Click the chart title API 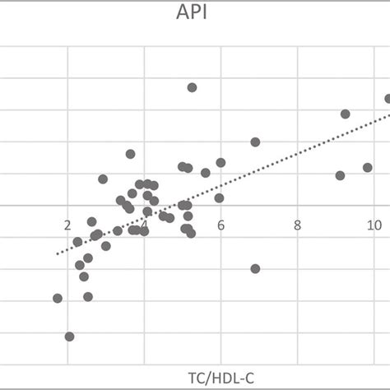[194, 14]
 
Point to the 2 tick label [67, 224]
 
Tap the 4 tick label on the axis [145, 224]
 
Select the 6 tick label [221, 224]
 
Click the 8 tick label [297, 224]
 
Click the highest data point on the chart [192, 87]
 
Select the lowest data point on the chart [69, 337]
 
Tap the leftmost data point [58, 298]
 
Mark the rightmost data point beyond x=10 [388, 99]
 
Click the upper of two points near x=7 [255, 142]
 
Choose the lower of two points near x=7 [255, 268]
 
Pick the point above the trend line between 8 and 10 [345, 114]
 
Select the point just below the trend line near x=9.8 [368, 167]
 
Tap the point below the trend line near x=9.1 [340, 175]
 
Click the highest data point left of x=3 [103, 179]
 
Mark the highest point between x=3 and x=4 [130, 154]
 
